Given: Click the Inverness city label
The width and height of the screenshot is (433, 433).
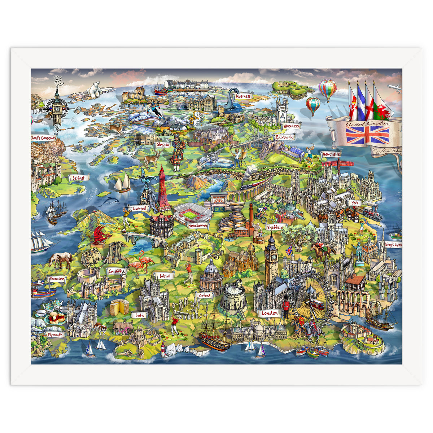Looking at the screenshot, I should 243,96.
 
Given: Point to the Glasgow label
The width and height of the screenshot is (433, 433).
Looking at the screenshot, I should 163,145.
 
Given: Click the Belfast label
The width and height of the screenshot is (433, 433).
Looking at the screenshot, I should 79,178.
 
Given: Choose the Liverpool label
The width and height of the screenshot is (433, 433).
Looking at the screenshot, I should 139,209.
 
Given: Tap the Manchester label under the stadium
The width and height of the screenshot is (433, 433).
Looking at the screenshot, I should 198,226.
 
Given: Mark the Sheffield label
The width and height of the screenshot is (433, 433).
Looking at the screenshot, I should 275,227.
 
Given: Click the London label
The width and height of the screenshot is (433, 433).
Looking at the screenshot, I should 270,313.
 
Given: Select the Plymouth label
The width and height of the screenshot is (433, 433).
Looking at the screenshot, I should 56,334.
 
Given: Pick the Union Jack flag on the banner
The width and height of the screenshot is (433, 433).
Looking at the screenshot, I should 367,135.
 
